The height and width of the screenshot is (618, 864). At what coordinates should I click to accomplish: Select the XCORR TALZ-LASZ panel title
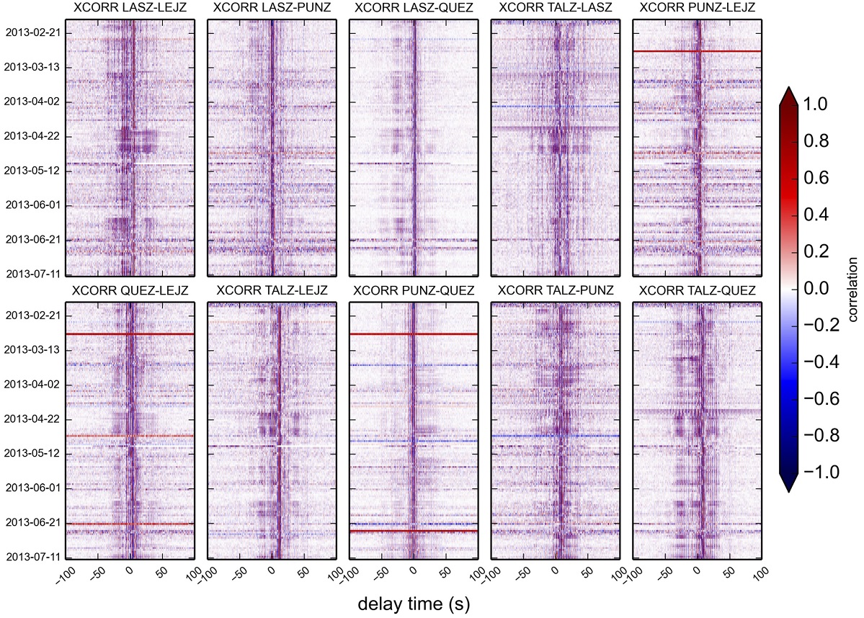[555, 9]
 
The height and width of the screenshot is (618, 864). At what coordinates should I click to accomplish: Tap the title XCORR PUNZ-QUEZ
[413, 290]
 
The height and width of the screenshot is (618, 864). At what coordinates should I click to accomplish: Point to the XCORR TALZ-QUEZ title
[697, 290]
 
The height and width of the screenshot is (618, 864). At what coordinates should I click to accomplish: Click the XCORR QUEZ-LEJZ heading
[130, 290]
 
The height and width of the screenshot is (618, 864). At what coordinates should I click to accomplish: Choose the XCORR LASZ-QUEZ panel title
[413, 9]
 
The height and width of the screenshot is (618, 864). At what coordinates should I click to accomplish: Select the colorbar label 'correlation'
[852, 290]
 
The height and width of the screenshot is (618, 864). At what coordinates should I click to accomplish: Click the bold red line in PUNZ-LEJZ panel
[697, 51]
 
